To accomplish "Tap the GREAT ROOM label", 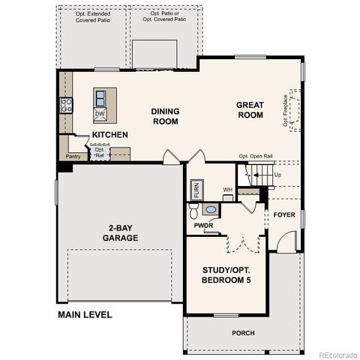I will pos(250,109).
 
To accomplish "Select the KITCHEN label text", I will pos(110,135).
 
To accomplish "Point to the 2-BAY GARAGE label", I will pos(121,233).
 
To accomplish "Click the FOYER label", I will pos(284,214).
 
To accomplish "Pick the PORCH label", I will pos(242,333).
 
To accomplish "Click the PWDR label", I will pos(204,225).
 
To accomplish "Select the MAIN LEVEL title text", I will pos(85,314).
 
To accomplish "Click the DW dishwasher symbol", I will pos(100,114).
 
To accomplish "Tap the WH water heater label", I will pos(226,189).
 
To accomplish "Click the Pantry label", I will pos(73,157).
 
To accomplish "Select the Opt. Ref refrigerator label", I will pos(100,152).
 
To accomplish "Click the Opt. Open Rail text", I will pos(255,156).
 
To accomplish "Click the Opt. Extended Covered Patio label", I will pos(91,17).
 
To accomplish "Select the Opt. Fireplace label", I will pos(286,109).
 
